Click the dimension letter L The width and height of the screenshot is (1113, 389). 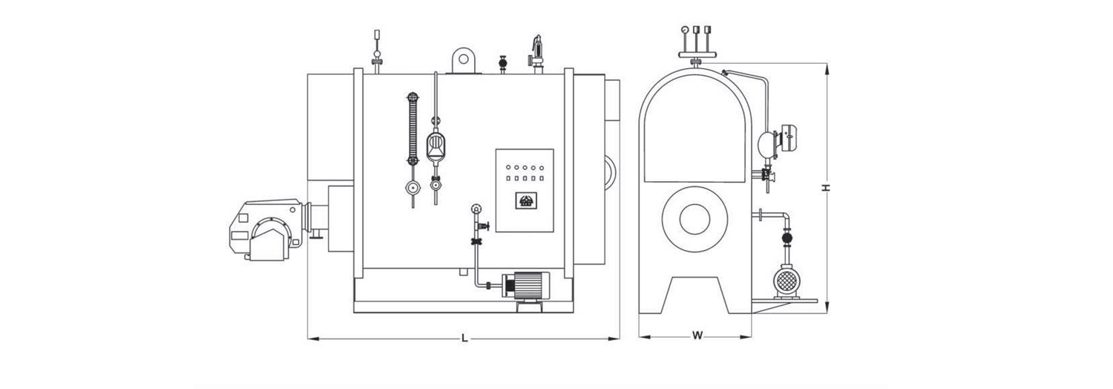coord(464,339)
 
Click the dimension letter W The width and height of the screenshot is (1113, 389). coord(697,336)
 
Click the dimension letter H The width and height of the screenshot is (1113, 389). coord(825,189)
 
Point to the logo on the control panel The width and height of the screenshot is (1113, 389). coord(525,200)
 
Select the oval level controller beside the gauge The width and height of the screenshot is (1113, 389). coord(436,146)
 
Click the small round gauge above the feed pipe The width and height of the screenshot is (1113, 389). coord(475,209)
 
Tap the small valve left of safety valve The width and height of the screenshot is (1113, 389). coord(504,65)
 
